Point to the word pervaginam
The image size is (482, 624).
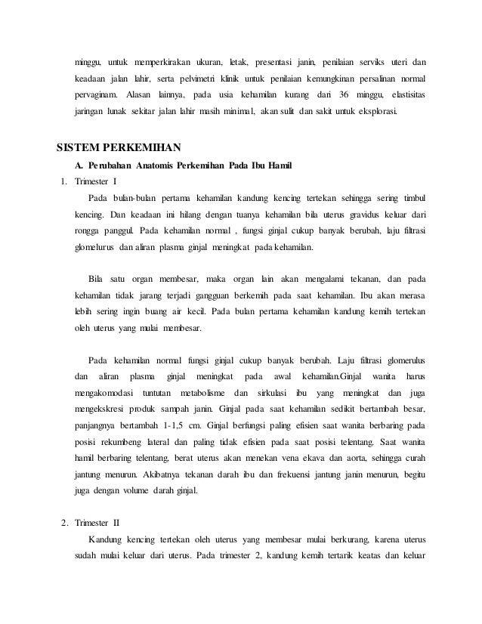pyautogui.click(x=96, y=97)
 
